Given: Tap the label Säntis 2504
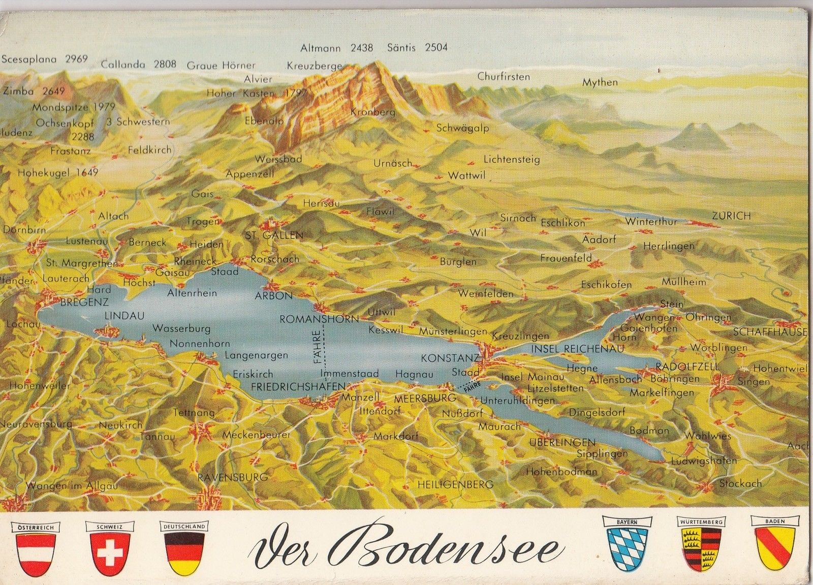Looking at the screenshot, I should (x=417, y=48).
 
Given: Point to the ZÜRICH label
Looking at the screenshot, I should (x=731, y=216).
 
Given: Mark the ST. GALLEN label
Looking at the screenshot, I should (x=274, y=235).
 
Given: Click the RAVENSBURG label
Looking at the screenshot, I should (x=233, y=477).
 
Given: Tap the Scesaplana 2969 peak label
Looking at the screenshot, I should (x=45, y=58).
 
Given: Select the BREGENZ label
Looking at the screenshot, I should (x=84, y=302).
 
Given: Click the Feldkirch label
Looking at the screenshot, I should (x=149, y=151).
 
